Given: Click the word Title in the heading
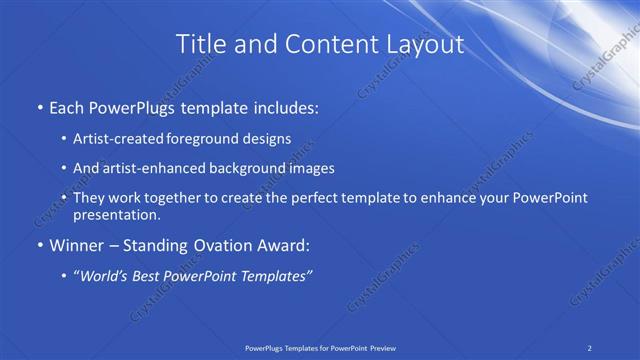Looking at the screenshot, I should (200, 44).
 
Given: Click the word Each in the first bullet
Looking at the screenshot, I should (68, 105).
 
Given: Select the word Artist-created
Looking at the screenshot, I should (120, 138).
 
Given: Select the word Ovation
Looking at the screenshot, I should (227, 244).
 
